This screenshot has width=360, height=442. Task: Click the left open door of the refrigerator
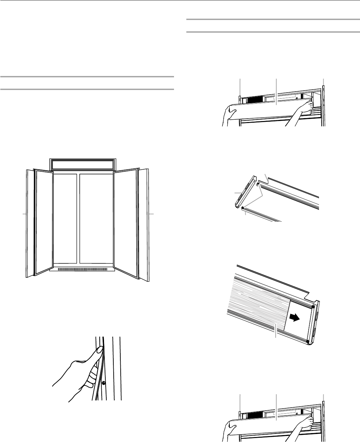(43, 222)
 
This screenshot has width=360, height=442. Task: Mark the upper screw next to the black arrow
(313, 306)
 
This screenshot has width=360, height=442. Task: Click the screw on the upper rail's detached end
(258, 182)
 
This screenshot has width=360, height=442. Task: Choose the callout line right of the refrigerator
(151, 213)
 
